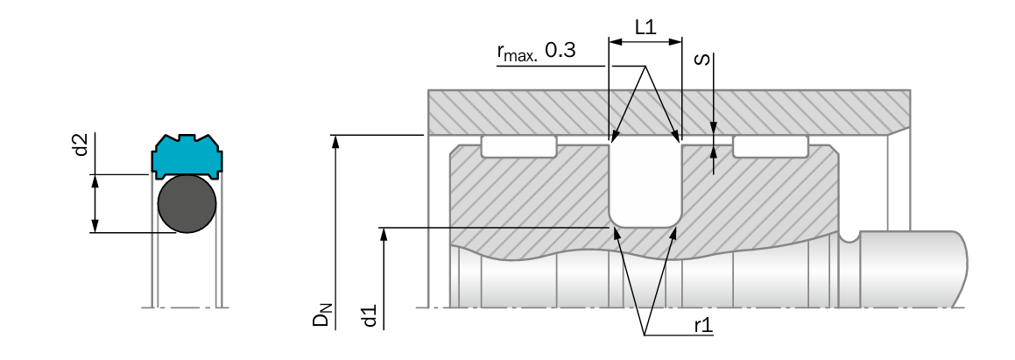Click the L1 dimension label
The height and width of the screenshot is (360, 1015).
coord(645,27)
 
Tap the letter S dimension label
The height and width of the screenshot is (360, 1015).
coord(702,60)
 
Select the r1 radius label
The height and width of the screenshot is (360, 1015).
coord(703,325)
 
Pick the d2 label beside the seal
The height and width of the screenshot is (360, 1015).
coord(81,145)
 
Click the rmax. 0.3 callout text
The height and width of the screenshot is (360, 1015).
coord(536,51)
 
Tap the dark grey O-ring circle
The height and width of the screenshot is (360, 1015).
coord(187,204)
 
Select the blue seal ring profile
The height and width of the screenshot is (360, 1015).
coord(187,156)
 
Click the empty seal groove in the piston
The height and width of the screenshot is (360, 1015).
coord(645,185)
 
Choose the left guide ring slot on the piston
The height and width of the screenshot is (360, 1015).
coord(518,146)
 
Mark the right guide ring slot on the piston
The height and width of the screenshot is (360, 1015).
coord(771,146)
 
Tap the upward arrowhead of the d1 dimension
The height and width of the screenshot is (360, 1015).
coord(384,235)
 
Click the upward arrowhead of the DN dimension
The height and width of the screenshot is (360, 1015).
coord(335,142)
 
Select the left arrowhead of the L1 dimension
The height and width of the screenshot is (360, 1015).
coord(616,42)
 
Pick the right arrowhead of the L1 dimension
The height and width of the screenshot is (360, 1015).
coord(674,42)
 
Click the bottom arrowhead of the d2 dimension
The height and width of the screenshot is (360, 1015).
coord(95,225)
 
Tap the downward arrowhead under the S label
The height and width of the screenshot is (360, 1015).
coord(714,128)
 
